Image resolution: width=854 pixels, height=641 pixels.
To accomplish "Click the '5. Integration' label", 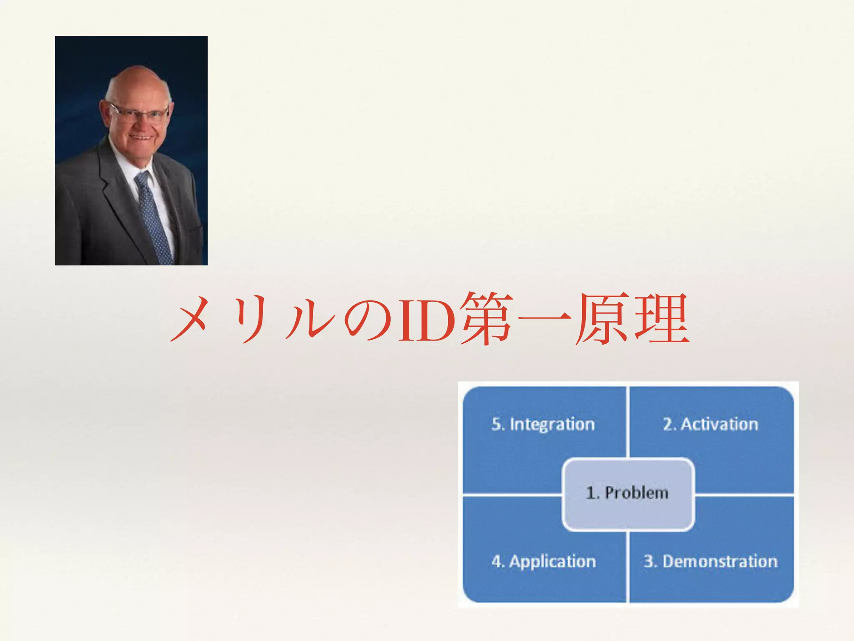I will (543, 424).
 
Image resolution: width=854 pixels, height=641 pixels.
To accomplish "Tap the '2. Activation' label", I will (711, 424).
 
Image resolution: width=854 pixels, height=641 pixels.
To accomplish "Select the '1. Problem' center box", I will (628, 494).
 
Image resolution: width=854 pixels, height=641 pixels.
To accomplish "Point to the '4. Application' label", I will (543, 561).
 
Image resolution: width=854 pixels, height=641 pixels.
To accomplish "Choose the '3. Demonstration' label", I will (711, 561).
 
